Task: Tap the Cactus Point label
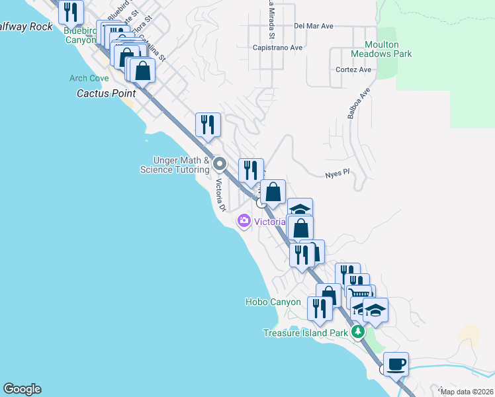click(106, 94)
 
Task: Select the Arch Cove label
click(89, 78)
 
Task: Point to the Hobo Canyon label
click(273, 302)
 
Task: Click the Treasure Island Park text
click(305, 333)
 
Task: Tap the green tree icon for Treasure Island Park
click(358, 331)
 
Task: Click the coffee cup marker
click(396, 364)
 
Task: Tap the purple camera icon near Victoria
click(244, 221)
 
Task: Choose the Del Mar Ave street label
click(314, 26)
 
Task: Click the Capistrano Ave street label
click(277, 48)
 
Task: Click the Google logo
click(22, 389)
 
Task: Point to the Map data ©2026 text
click(467, 392)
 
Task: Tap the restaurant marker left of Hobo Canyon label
click(320, 308)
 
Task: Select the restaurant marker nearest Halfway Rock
click(71, 12)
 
